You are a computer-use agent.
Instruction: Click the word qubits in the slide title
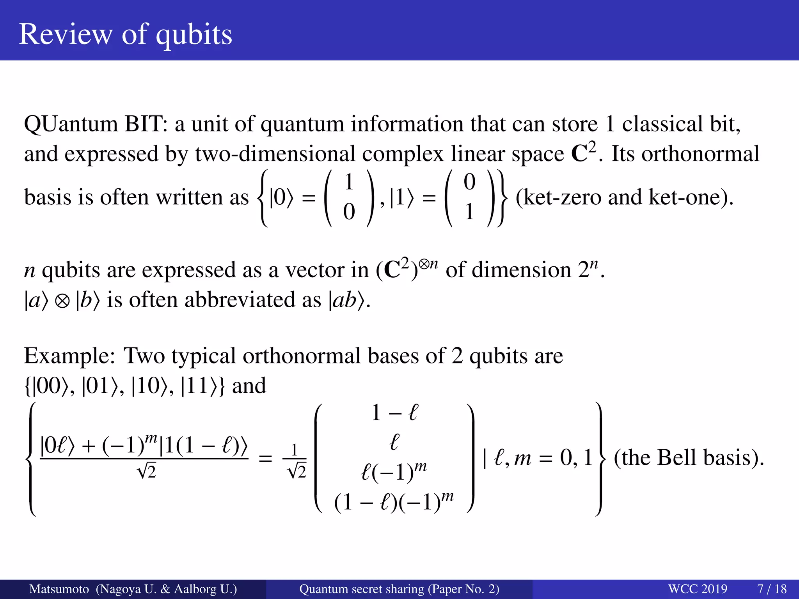coord(194,35)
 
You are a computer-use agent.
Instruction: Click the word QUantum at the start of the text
coord(71,124)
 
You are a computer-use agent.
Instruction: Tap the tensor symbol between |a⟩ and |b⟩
coord(62,301)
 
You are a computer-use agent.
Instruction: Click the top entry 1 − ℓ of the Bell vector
coord(394,413)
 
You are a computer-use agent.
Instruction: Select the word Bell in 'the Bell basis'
coord(677,458)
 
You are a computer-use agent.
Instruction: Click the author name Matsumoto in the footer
coord(59,589)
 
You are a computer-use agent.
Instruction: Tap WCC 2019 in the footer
coord(698,589)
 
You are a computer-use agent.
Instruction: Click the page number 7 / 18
coord(772,589)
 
